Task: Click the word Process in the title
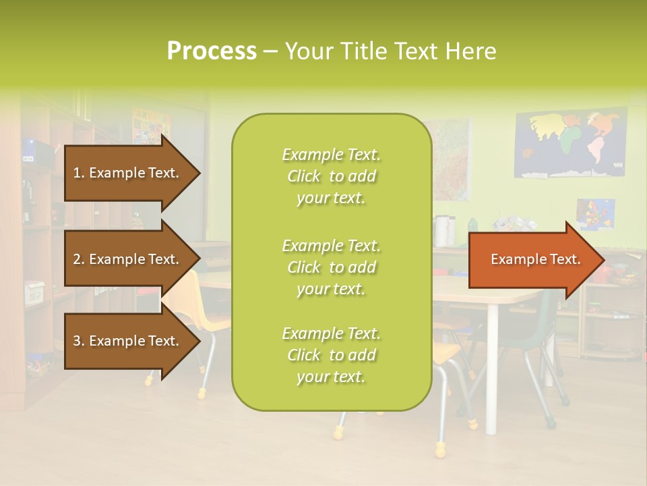(x=212, y=51)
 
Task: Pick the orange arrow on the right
(x=532, y=260)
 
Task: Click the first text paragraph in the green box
(x=331, y=176)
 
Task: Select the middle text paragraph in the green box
(x=331, y=267)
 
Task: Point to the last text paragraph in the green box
(x=331, y=355)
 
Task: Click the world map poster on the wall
(x=570, y=143)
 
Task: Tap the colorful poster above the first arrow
(x=150, y=124)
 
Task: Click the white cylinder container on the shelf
(x=441, y=231)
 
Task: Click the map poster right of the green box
(x=450, y=159)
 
